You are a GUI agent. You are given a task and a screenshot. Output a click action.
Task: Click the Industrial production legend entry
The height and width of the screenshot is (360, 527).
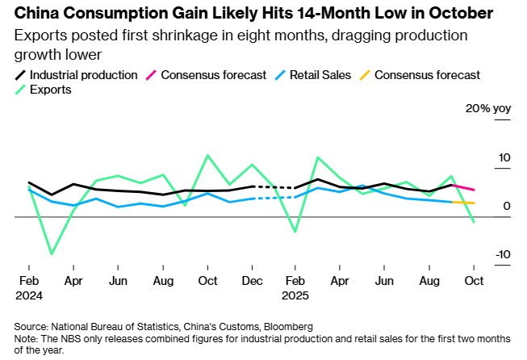(x=82, y=75)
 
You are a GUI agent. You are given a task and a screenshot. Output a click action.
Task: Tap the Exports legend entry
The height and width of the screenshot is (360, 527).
(x=50, y=90)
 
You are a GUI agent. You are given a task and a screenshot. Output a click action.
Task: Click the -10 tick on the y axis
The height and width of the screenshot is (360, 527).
(x=502, y=254)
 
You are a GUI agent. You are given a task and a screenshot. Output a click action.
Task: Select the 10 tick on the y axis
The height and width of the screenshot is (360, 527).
(x=504, y=157)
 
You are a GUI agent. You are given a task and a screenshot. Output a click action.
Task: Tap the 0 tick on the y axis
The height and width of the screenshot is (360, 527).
(x=507, y=206)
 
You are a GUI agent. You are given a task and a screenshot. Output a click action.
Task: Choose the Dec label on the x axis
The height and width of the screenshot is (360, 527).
(x=253, y=280)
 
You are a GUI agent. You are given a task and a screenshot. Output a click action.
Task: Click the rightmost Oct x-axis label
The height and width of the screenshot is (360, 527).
(x=473, y=280)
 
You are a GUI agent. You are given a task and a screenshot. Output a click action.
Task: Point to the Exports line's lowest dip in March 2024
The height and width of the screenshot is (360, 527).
(x=52, y=254)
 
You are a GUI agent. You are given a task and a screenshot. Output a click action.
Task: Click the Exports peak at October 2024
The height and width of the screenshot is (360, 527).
(x=208, y=155)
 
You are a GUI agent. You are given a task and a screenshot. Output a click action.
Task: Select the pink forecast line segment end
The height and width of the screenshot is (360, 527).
(x=474, y=190)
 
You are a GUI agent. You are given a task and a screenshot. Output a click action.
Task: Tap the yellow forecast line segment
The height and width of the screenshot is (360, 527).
(x=463, y=203)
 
